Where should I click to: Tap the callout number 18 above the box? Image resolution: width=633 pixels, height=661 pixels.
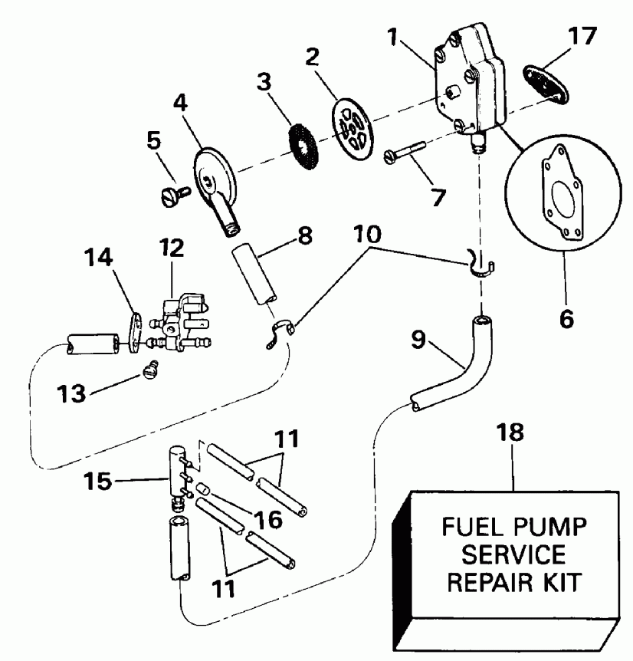pyautogui.click(x=511, y=433)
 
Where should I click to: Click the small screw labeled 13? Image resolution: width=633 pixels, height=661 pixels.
pyautogui.click(x=151, y=371)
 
